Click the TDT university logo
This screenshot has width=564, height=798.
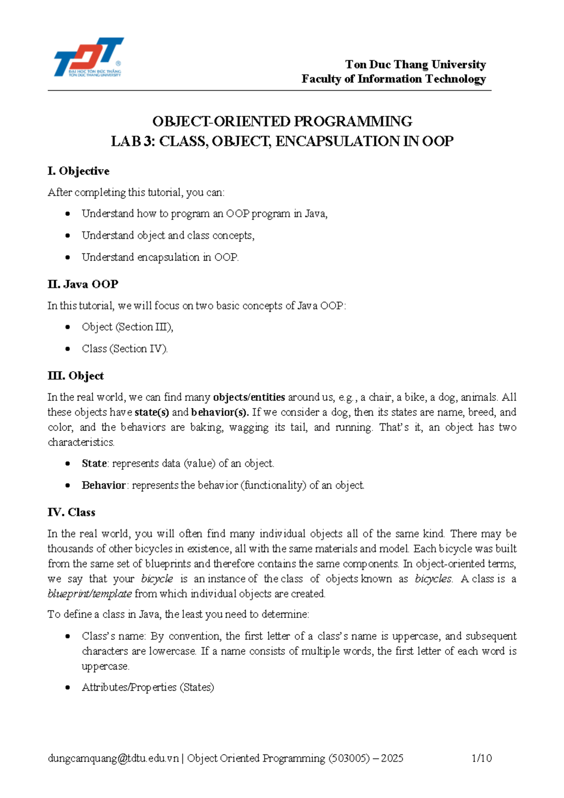point(88,57)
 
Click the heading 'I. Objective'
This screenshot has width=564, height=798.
point(78,171)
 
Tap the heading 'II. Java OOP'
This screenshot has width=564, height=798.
point(83,284)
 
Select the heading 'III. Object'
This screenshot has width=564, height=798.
point(75,376)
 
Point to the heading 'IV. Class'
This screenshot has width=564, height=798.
point(71,512)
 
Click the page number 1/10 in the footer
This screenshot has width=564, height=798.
point(481,758)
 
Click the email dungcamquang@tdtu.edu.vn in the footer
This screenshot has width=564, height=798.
point(113,758)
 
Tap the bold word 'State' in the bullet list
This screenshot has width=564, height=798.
point(94,463)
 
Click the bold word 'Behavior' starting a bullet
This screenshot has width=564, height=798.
point(103,485)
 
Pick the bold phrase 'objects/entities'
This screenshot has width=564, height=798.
point(249,397)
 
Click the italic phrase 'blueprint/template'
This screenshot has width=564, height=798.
point(89,594)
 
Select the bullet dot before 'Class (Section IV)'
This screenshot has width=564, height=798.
point(68,349)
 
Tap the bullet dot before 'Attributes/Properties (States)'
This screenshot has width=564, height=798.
point(68,688)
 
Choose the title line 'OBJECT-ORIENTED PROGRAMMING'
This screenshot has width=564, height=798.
point(282,121)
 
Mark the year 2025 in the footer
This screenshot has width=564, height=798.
point(392,758)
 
